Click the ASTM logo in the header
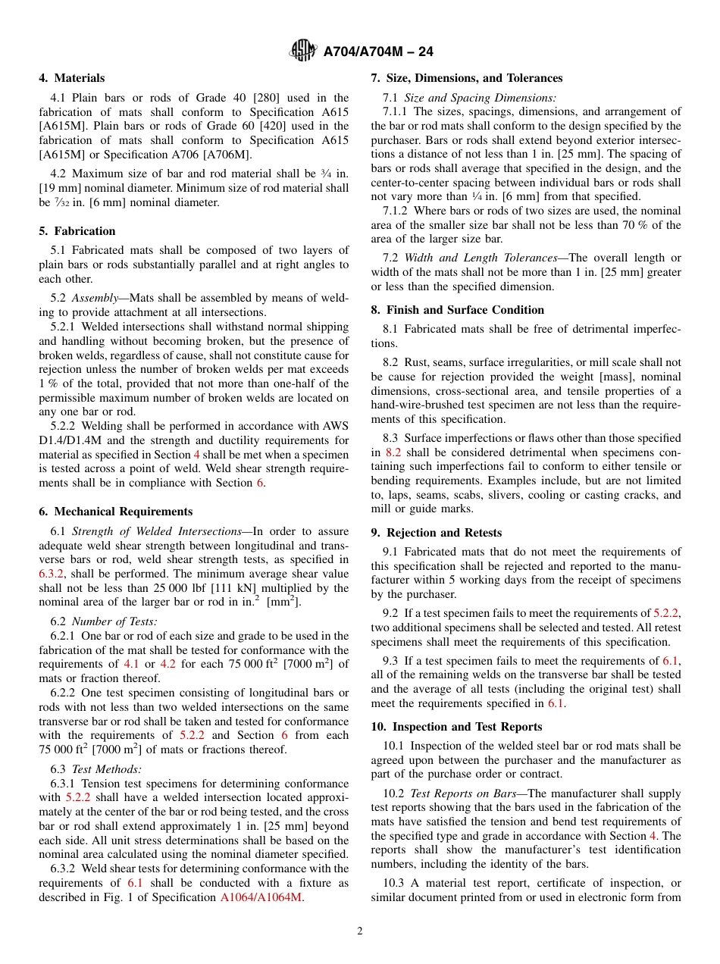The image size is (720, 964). click(x=303, y=52)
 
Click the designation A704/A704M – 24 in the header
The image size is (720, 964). click(x=378, y=52)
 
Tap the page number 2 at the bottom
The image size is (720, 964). click(x=360, y=931)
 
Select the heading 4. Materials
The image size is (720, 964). click(x=72, y=78)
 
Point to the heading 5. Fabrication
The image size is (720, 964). click(x=77, y=231)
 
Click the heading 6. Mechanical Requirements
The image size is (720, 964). click(x=116, y=512)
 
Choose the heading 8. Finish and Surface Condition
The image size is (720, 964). click(x=458, y=309)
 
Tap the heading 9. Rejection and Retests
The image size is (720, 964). click(x=437, y=533)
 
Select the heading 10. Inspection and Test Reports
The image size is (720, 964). click(x=457, y=727)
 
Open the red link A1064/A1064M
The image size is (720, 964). click(x=261, y=897)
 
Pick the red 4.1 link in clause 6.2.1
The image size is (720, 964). click(x=131, y=665)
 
